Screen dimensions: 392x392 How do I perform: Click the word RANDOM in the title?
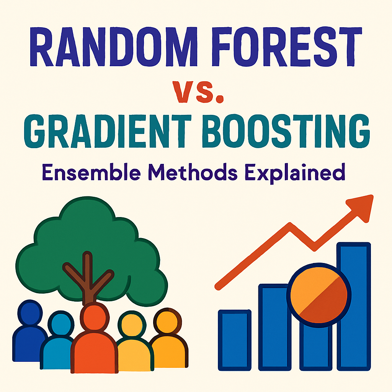(113, 46)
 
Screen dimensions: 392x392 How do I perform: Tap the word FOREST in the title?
(287, 46)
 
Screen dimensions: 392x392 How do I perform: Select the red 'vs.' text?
(198, 92)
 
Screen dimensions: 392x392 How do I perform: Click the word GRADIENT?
(108, 131)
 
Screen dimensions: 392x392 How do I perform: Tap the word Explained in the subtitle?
(295, 173)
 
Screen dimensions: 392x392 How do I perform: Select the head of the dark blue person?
(30, 313)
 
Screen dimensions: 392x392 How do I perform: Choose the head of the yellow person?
(132, 324)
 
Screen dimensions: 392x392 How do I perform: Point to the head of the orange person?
(167, 321)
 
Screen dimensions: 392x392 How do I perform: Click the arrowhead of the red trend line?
(361, 208)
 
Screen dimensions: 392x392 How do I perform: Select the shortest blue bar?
(235, 340)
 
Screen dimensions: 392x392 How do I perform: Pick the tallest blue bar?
(354, 306)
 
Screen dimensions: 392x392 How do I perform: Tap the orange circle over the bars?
(319, 295)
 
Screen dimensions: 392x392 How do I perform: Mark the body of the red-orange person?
(94, 353)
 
